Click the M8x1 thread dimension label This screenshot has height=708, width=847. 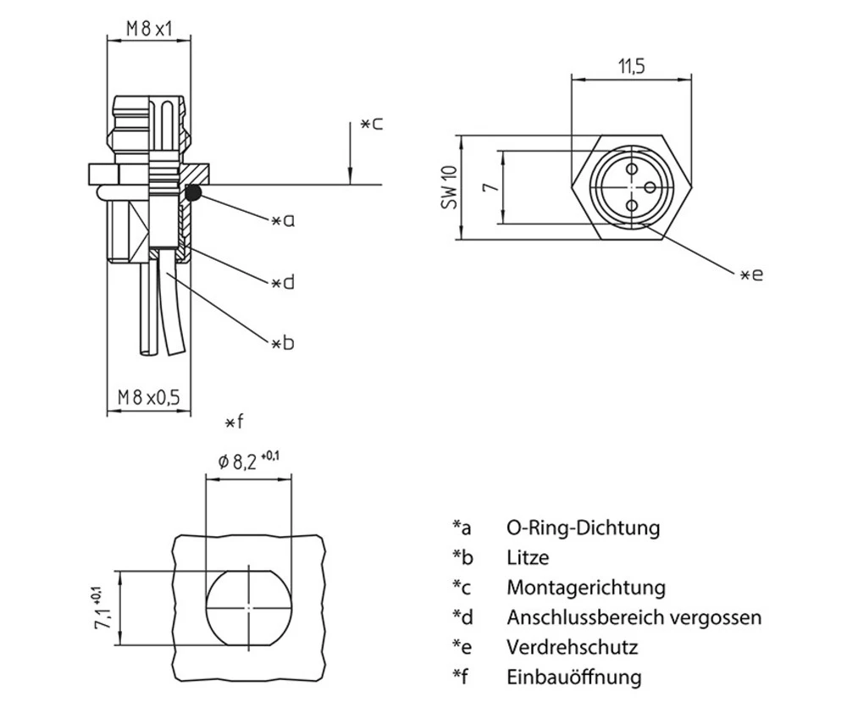point(149,28)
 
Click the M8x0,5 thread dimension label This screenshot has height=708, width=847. point(149,396)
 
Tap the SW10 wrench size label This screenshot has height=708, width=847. point(449,187)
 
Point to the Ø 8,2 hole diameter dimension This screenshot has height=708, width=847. point(248,462)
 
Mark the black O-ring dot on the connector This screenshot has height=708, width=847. point(193,193)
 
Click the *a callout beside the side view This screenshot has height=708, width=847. point(283,221)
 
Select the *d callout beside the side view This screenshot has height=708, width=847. point(283,282)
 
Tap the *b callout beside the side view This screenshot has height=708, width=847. point(283,343)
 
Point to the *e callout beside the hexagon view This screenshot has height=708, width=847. point(751,274)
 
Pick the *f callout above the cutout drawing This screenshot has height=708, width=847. point(235,422)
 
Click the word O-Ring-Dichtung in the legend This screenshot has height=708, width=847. point(583,528)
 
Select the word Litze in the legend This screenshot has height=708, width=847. point(528,557)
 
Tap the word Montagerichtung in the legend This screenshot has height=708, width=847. point(586,587)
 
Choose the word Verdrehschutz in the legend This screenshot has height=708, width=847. point(572,647)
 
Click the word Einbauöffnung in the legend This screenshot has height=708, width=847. point(574,677)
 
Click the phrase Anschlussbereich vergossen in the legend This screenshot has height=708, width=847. point(634,617)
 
